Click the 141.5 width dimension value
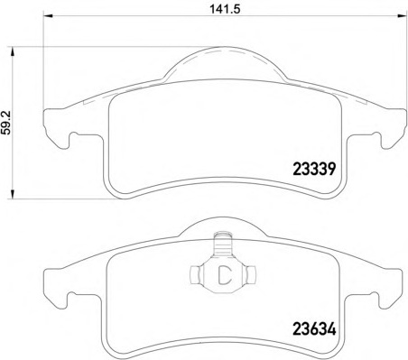point(225,9)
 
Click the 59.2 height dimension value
point(6,123)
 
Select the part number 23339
point(314,169)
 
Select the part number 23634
point(314,329)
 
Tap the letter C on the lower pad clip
point(224,275)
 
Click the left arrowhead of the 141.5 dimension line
point(48,15)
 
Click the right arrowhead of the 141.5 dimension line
point(402,15)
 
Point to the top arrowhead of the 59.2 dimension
point(13,51)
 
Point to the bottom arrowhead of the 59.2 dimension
point(13,194)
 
